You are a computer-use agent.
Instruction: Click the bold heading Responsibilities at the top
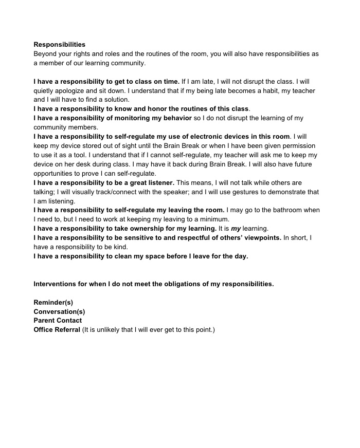point(59,45)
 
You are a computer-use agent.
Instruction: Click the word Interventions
point(56,284)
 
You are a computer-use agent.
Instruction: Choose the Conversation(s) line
point(59,311)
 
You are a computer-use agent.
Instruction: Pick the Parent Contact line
point(58,321)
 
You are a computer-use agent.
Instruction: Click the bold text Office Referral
point(57,330)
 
